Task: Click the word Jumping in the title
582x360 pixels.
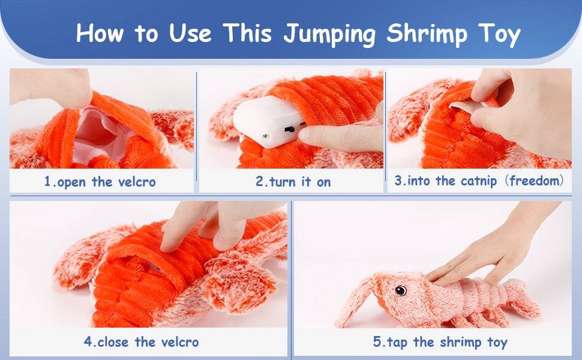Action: [x=329, y=34]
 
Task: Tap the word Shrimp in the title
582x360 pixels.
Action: [x=427, y=34]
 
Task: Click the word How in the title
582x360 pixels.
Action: [x=100, y=32]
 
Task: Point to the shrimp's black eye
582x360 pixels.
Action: [x=400, y=290]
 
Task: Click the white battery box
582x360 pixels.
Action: [x=266, y=121]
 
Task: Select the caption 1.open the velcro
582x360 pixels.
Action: [x=100, y=182]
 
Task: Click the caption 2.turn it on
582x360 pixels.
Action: [x=293, y=182]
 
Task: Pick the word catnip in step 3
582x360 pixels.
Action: [x=478, y=181]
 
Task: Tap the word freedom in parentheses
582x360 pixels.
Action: [x=536, y=181]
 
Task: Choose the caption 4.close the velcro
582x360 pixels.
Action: [x=141, y=341]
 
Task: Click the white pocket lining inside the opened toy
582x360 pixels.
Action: [x=97, y=134]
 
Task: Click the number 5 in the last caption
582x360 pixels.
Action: [x=377, y=341]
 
